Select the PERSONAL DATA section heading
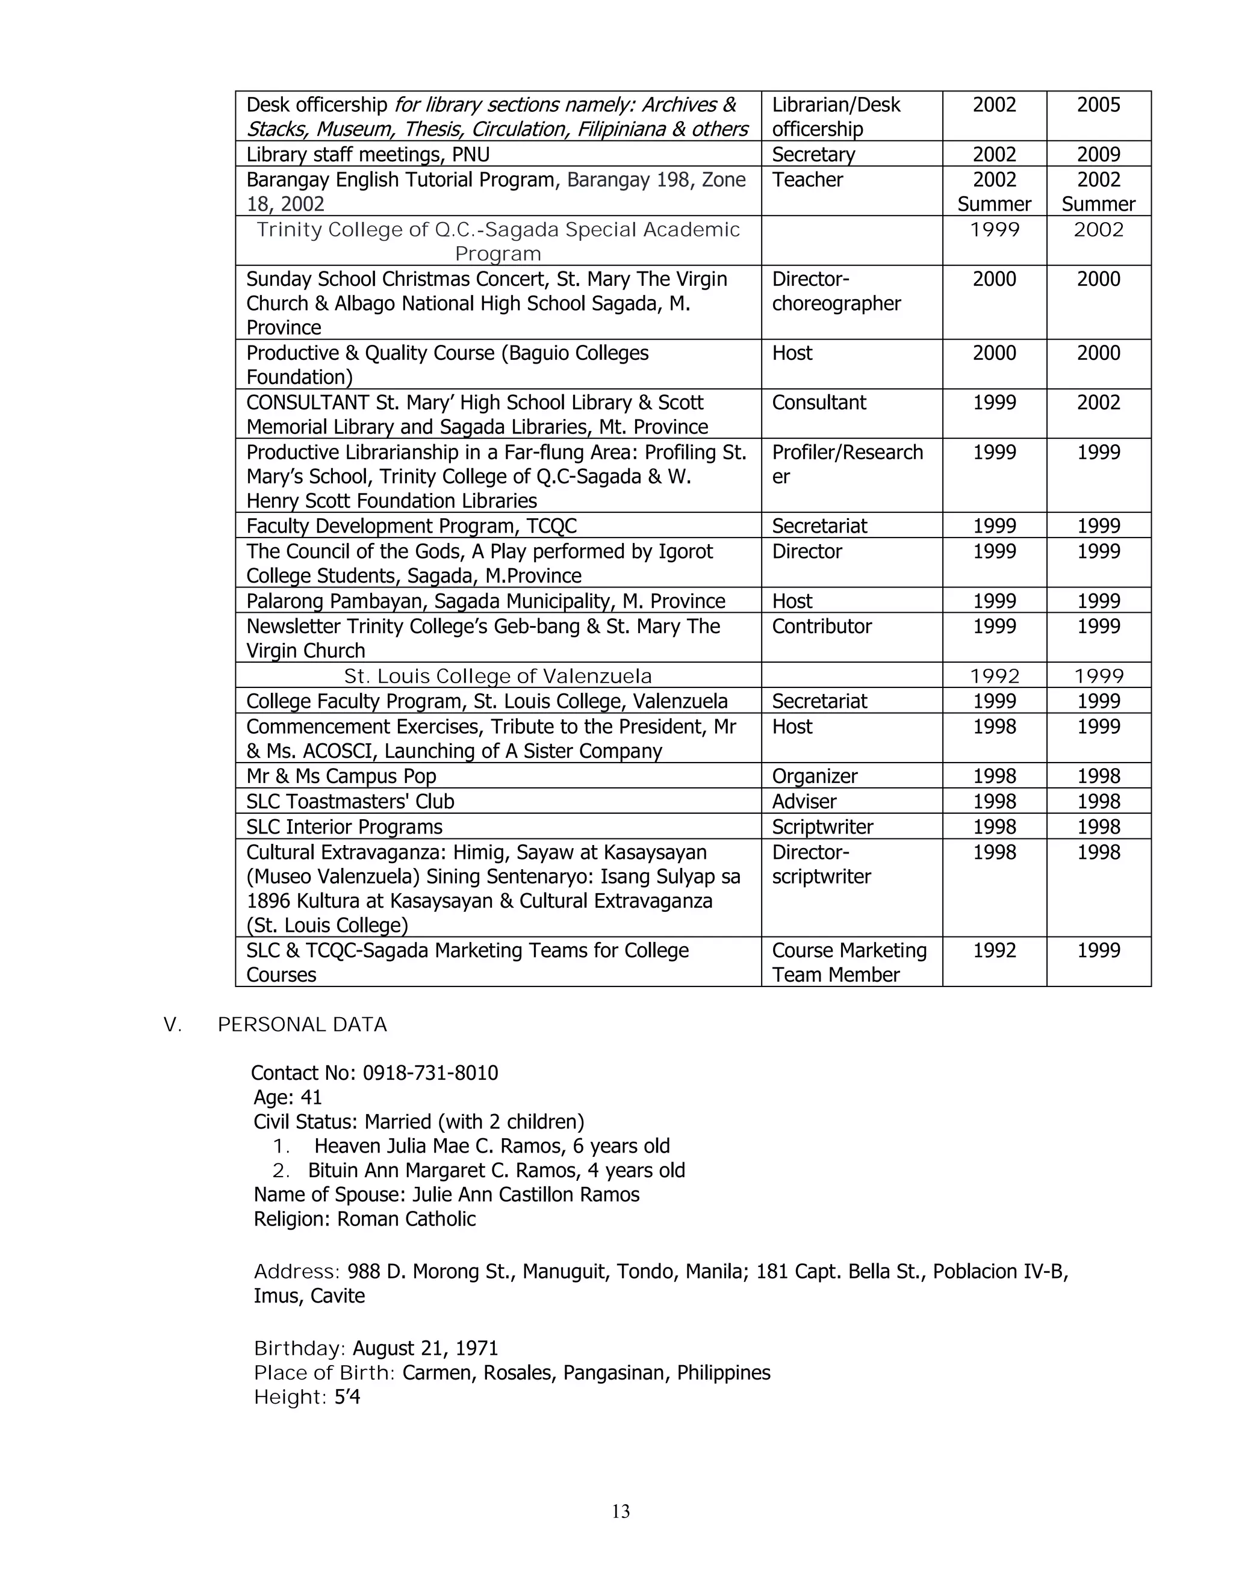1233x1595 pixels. click(x=302, y=1024)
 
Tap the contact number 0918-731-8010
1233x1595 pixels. click(x=430, y=1073)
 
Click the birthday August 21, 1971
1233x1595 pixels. click(x=425, y=1348)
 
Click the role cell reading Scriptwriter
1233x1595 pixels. click(x=822, y=827)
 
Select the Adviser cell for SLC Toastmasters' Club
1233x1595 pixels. click(x=804, y=801)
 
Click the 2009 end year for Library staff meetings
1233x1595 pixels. click(x=1098, y=154)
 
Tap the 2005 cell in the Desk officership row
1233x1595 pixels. click(x=1098, y=105)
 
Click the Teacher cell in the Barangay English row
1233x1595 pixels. click(x=807, y=179)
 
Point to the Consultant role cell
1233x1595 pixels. click(x=819, y=403)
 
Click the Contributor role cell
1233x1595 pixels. click(x=822, y=626)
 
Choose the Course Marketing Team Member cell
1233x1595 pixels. click(x=849, y=962)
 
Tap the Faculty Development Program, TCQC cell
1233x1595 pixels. click(x=411, y=526)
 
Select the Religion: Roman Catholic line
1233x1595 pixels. click(x=364, y=1219)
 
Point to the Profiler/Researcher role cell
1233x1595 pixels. click(x=847, y=463)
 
